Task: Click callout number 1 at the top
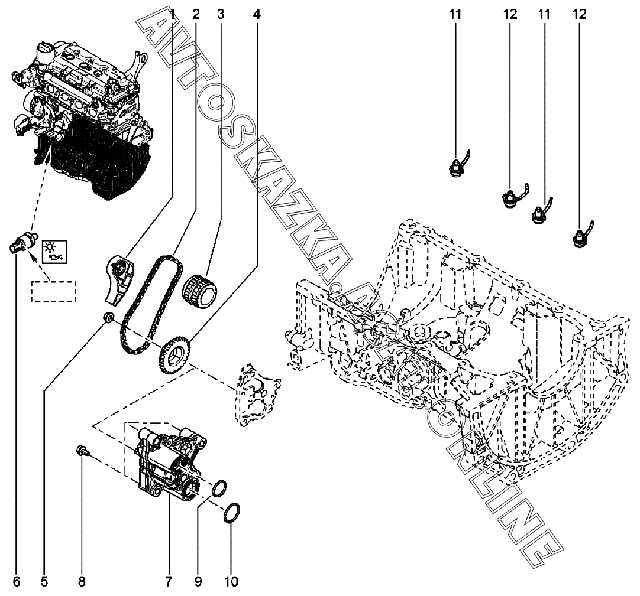point(173,14)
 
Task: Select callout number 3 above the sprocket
point(221,14)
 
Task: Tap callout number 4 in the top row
point(256,14)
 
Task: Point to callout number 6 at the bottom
point(17,582)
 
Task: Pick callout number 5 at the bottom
point(44,582)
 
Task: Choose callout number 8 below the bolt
point(82,582)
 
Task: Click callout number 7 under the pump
point(169,582)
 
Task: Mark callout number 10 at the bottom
point(231,582)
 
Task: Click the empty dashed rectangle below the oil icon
point(54,291)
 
